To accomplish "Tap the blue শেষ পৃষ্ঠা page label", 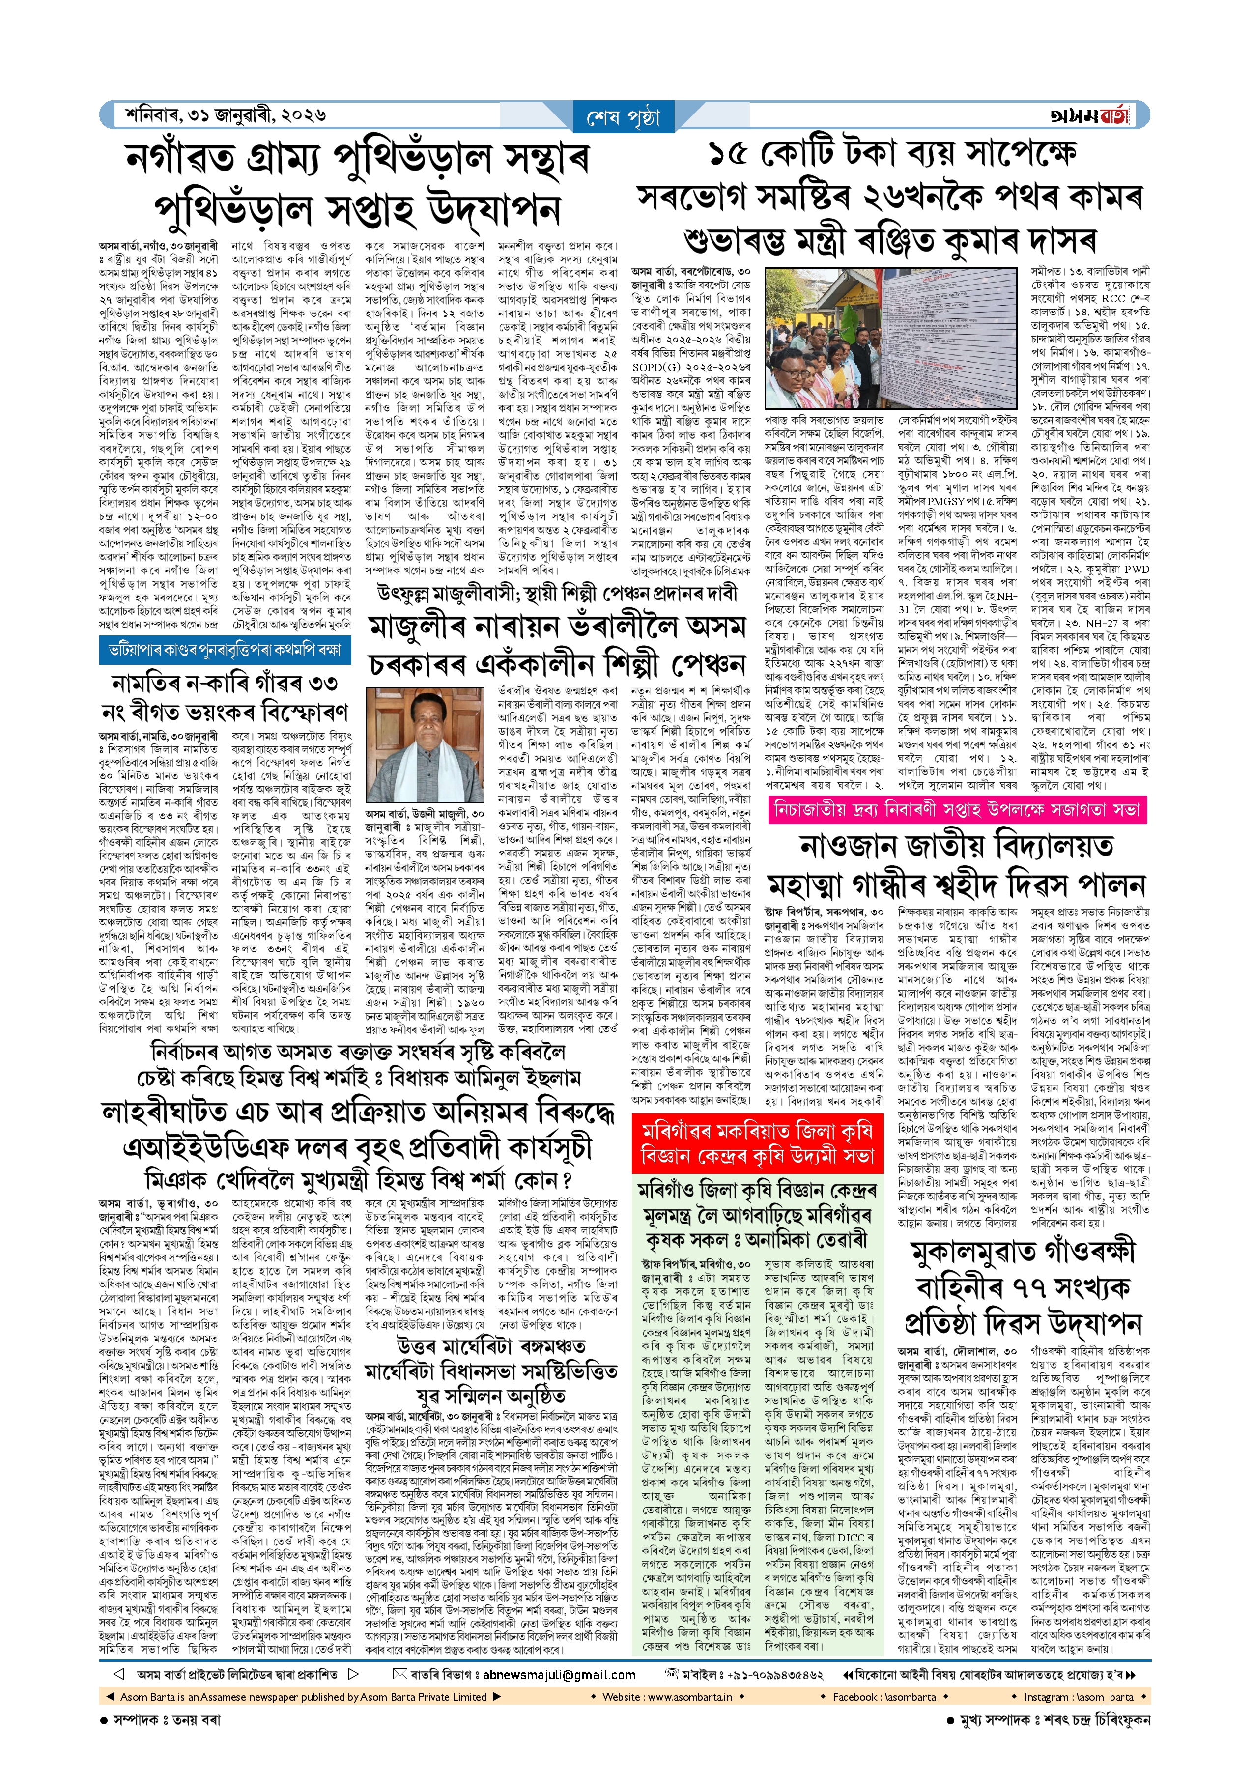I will [624, 117].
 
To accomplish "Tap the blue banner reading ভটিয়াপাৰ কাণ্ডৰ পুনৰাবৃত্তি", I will [225, 650].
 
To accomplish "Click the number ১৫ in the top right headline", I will [728, 154].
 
